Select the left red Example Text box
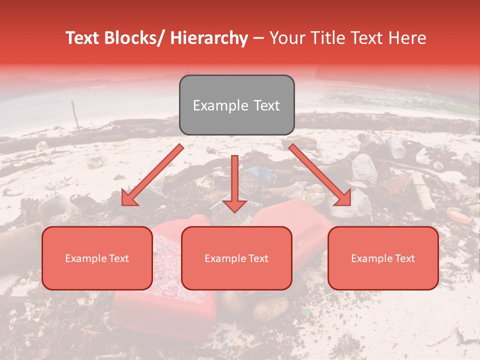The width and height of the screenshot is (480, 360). point(97,258)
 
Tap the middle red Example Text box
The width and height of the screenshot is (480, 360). point(236,258)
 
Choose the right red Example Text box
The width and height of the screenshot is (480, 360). point(383,258)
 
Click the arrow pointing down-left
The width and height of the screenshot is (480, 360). point(152,175)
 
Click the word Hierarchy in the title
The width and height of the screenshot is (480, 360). point(209,38)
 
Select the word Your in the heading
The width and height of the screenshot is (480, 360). point(286,38)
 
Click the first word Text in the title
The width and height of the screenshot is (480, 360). point(83,38)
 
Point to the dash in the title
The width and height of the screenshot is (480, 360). point(258,38)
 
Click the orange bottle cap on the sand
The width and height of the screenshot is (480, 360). point(458,215)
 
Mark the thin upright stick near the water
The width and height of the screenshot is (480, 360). point(76,115)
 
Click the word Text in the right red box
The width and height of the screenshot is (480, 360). point(404,258)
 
